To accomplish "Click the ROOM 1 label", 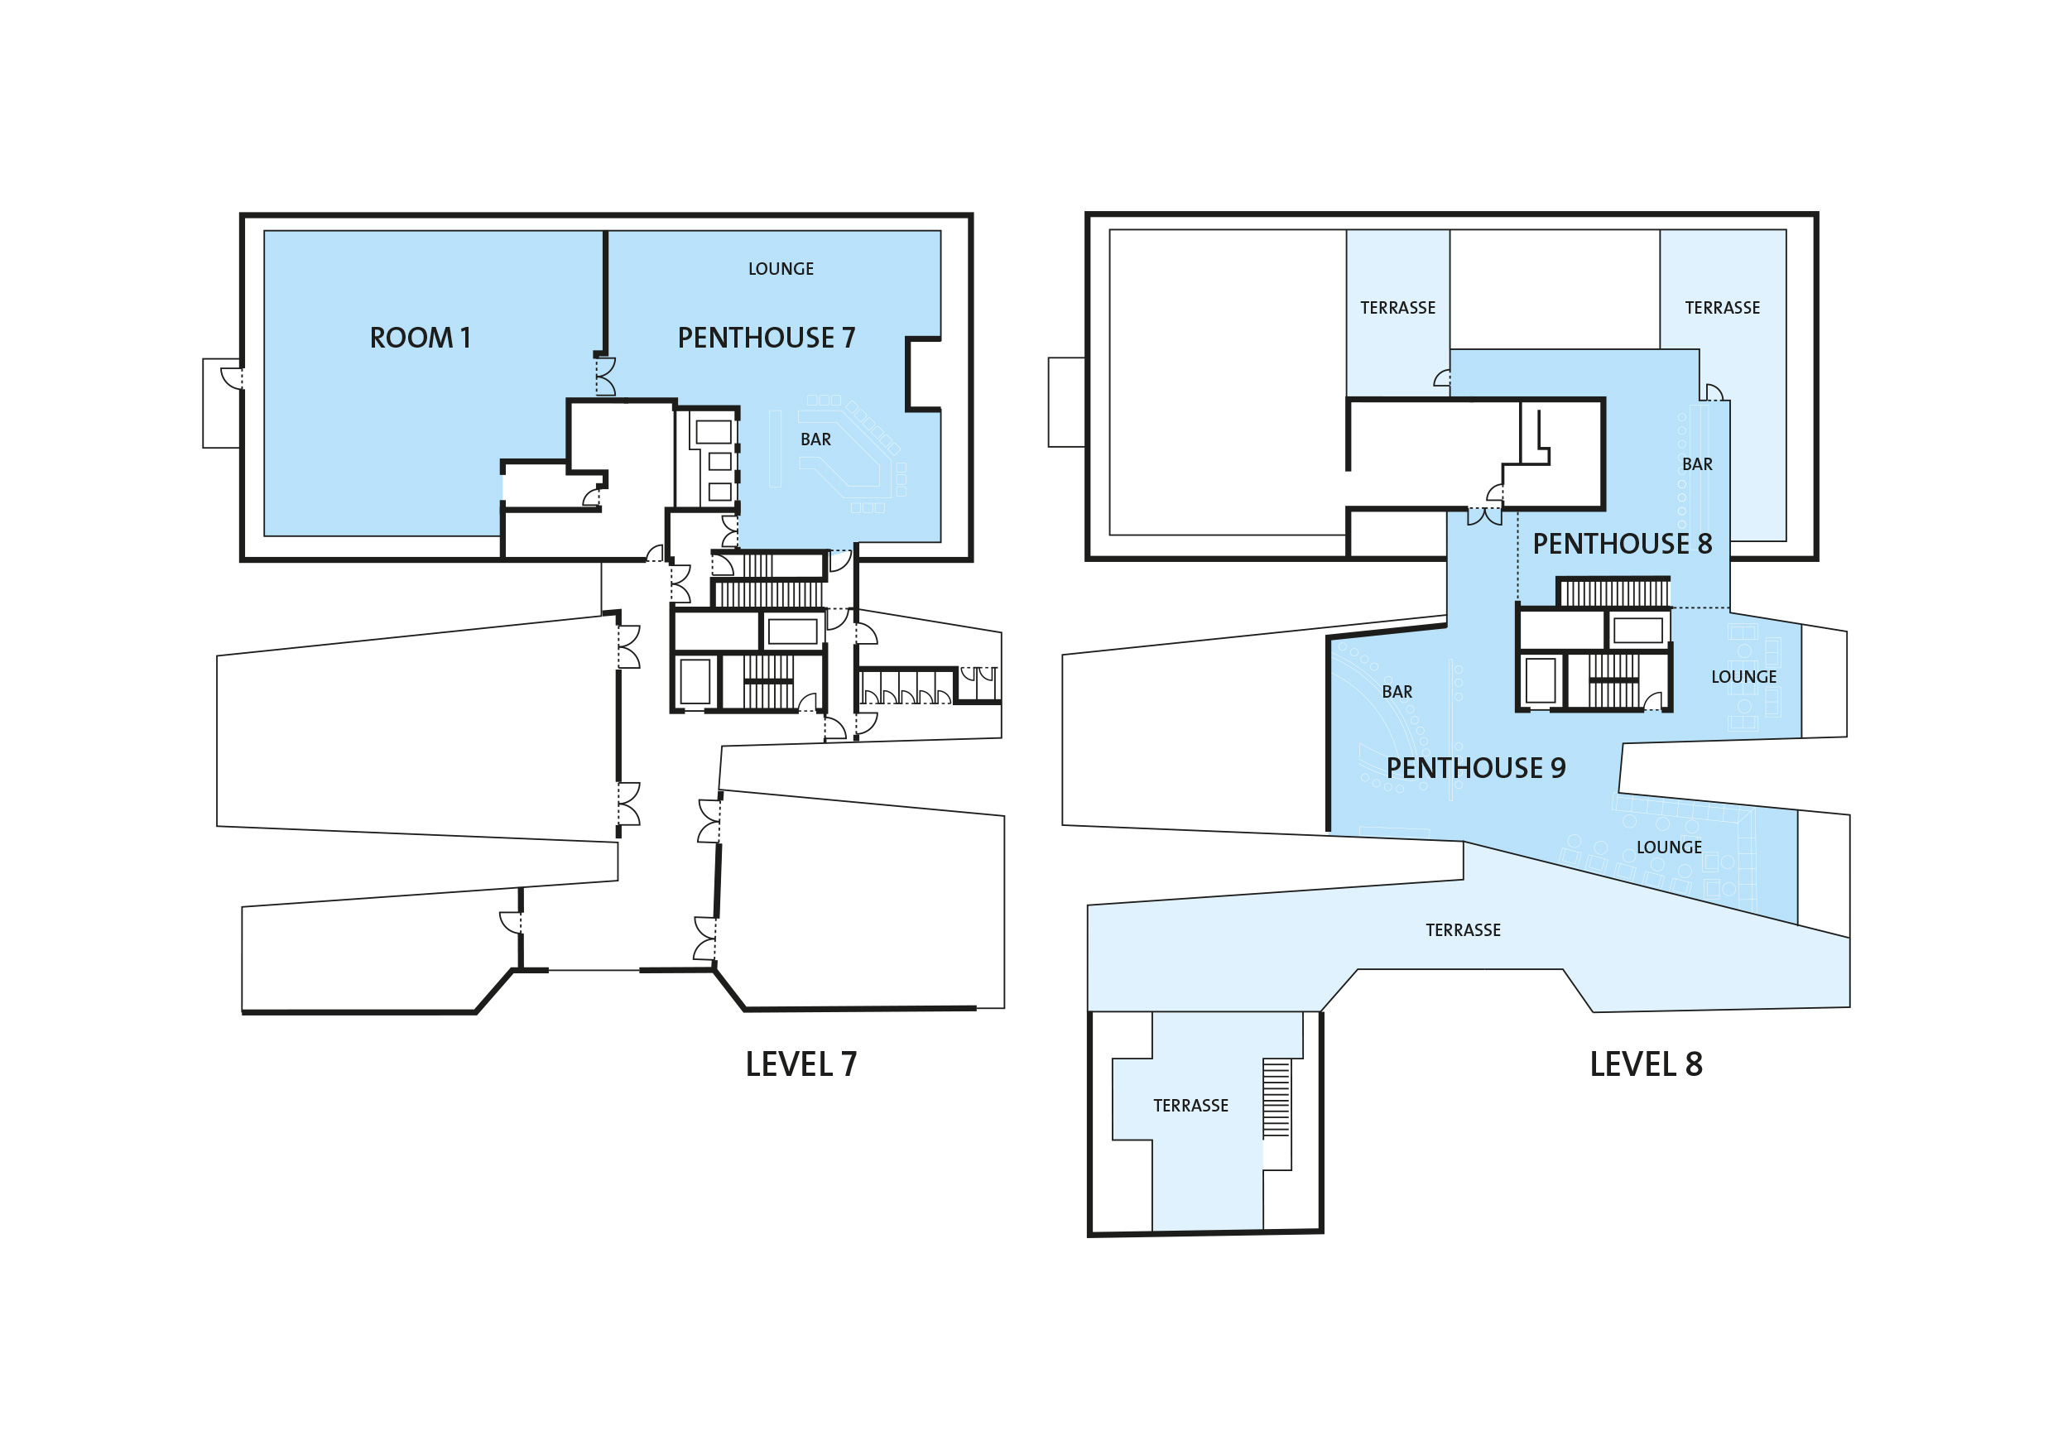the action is [x=421, y=338].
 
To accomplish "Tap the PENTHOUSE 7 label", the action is [x=767, y=338].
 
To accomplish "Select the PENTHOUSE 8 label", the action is [x=1622, y=544].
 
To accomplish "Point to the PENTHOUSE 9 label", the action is [x=1475, y=768].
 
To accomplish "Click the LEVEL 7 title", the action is [x=801, y=1064].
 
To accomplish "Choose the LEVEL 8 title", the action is [x=1647, y=1064].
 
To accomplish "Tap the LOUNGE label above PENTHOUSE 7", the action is [x=781, y=269].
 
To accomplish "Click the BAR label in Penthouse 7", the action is [x=815, y=439].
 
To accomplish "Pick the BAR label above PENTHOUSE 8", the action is [x=1697, y=465].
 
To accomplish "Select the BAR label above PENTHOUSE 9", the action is [x=1397, y=692].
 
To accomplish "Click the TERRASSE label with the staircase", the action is [x=1190, y=1106].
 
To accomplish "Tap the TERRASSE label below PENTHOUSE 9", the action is [x=1463, y=930].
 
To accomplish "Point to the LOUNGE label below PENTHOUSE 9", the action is [x=1669, y=847].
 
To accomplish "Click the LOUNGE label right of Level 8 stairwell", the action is [x=1743, y=678].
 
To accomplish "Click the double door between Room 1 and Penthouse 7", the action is [x=605, y=377].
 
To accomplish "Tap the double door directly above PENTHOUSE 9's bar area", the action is [x=1484, y=516].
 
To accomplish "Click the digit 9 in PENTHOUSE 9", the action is [x=1558, y=768].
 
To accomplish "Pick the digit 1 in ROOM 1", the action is [x=465, y=338].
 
